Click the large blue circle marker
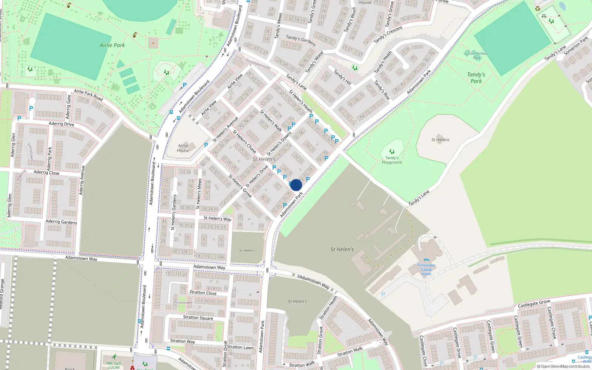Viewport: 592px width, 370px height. pyautogui.click(x=296, y=185)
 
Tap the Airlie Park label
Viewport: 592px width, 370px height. pyautogui.click(x=112, y=45)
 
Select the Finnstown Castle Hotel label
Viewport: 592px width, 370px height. pyautogui.click(x=426, y=270)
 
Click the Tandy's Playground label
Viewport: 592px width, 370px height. pyautogui.click(x=391, y=160)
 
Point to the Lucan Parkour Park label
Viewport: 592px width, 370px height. pyautogui.click(x=477, y=55)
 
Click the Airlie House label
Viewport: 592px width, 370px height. pyautogui.click(x=183, y=148)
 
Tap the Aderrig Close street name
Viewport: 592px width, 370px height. pyautogui.click(x=46, y=172)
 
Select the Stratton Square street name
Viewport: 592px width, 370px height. pyautogui.click(x=198, y=317)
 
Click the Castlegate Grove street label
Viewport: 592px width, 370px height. pyautogui.click(x=534, y=304)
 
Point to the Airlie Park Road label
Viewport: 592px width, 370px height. pyautogui.click(x=88, y=95)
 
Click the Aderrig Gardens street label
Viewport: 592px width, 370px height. pyautogui.click(x=61, y=222)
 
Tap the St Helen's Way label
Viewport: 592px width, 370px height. pyautogui.click(x=217, y=218)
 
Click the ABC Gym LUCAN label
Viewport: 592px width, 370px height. pyautogui.click(x=114, y=365)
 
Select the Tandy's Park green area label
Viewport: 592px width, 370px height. pyautogui.click(x=476, y=78)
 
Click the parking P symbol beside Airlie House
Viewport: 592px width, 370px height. pyautogui.click(x=206, y=145)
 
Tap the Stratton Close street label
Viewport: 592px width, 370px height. pyautogui.click(x=203, y=293)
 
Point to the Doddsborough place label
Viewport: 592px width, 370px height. pyautogui.click(x=258, y=64)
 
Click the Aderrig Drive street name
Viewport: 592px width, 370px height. pyautogui.click(x=61, y=124)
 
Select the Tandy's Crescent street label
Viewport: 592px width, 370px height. pyautogui.click(x=388, y=34)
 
